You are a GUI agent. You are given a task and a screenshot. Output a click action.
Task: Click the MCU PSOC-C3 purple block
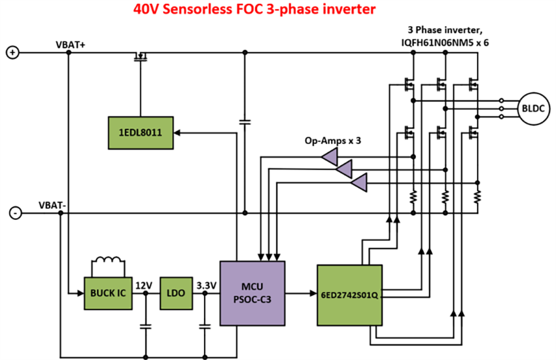click(x=252, y=293)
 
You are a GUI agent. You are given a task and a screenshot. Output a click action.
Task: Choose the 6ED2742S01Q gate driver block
click(x=349, y=295)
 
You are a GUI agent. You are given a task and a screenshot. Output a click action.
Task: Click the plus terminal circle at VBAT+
click(x=12, y=53)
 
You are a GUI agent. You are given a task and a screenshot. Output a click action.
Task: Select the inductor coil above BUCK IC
click(x=108, y=262)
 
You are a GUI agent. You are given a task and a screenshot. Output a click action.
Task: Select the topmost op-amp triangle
click(x=329, y=156)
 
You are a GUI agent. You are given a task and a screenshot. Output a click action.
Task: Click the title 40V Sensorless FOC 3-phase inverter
click(x=254, y=10)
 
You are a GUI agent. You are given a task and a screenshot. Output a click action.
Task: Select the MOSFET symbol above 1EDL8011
click(x=141, y=57)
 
